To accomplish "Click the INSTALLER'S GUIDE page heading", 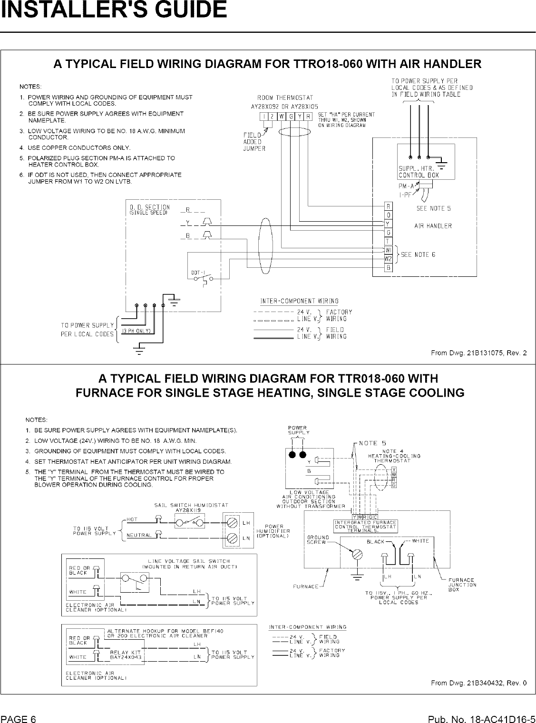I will click(113, 10).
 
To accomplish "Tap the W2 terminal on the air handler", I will click(388, 259).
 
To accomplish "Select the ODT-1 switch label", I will click(198, 272).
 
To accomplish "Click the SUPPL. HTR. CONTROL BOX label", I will click(419, 172).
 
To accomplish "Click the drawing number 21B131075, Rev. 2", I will click(478, 352).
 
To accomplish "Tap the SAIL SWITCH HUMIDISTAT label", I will click(191, 505).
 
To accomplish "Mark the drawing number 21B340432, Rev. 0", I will click(478, 684).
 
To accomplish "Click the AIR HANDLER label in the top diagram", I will click(433, 226).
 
